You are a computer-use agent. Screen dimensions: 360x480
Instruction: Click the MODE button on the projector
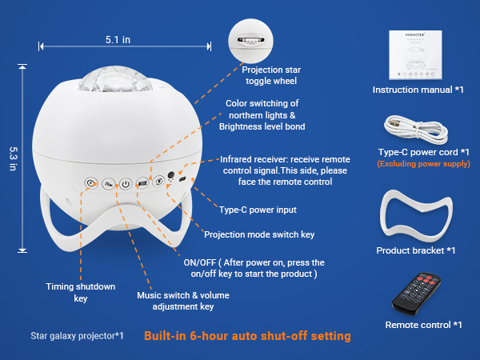pos(142,183)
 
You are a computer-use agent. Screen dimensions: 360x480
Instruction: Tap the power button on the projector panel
pos(125,183)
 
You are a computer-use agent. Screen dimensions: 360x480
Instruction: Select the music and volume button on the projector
pos(108,183)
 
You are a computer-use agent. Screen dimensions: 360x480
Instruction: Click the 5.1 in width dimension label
pos(118,38)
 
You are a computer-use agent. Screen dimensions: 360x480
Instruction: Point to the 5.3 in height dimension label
pos(14,152)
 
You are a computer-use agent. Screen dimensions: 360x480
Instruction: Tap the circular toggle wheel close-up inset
pos(251,40)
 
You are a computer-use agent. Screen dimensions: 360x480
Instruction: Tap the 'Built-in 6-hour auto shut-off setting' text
pos(247,336)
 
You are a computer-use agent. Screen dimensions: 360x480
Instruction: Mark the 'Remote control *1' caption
pos(423,325)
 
